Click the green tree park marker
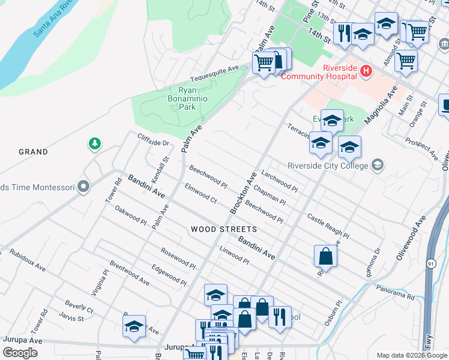(94, 143)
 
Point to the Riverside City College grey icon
(378, 165)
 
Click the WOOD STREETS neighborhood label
(224, 229)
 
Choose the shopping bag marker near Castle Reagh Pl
(325, 256)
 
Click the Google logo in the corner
(20, 352)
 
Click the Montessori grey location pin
(84, 187)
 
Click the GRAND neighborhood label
(33, 152)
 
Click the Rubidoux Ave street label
(28, 258)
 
